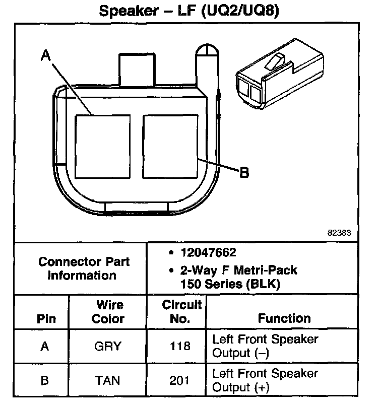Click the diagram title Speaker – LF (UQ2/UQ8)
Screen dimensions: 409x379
pos(189,11)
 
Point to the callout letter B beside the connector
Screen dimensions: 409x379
pos(243,173)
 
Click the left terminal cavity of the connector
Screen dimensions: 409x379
pos(102,146)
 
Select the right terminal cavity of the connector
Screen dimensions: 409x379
pos(171,146)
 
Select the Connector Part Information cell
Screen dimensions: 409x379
pos(84,268)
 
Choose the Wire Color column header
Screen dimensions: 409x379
pos(109,312)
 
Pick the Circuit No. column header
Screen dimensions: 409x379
pos(182,312)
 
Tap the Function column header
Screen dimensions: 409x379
pos(284,318)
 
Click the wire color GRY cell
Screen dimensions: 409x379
pos(108,346)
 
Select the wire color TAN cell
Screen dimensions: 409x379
pos(108,380)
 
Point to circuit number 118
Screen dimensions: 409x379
pos(180,346)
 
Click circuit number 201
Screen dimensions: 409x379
pos(180,380)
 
